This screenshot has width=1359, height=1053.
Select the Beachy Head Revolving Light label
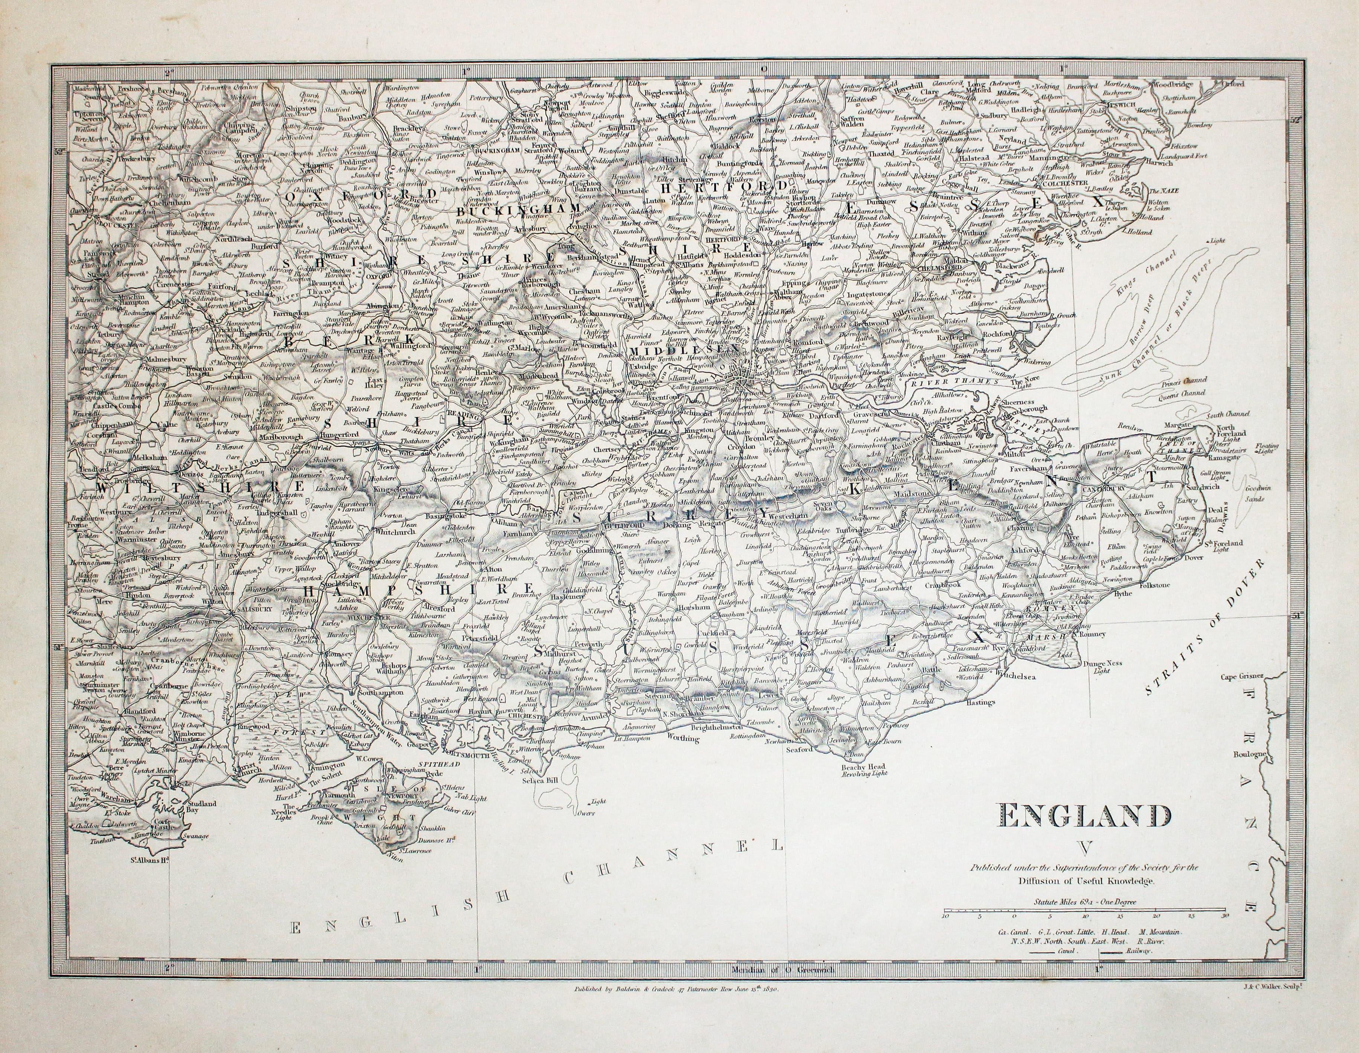tap(864, 770)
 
